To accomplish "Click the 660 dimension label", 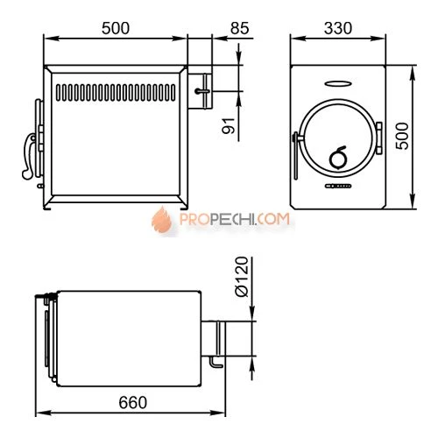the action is tap(133, 403).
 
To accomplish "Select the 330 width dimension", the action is tap(338, 28).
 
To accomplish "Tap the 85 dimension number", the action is tap(240, 28).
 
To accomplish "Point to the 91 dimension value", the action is tap(229, 125).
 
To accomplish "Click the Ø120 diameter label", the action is tap(242, 277).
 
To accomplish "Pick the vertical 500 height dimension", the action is tap(402, 137).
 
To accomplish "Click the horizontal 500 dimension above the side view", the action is tap(116, 28).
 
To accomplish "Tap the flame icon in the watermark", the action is tap(162, 220).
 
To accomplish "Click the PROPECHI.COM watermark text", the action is tap(235, 219).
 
